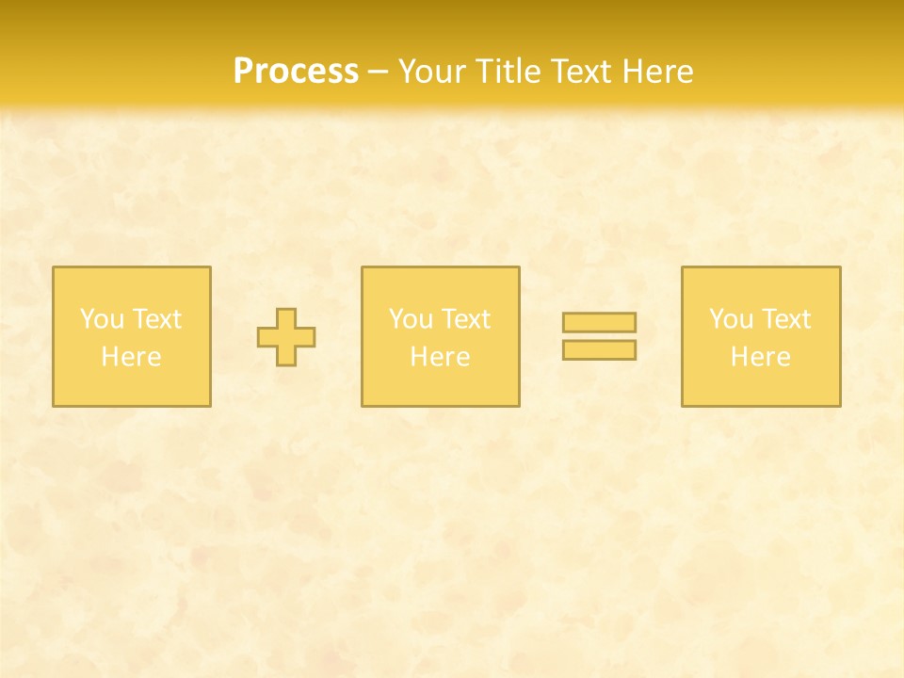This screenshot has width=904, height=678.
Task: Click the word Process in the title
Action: pos(296,72)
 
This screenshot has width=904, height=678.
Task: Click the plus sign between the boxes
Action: pos(286,337)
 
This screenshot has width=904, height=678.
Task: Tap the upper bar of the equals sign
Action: pos(599,323)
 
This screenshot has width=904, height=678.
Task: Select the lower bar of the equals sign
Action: pos(599,350)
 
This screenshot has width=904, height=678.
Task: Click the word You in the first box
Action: pos(102,319)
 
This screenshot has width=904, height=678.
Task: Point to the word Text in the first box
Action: pos(155,319)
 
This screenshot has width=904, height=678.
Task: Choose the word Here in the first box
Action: pos(131,357)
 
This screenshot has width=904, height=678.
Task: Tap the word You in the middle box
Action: pos(411,319)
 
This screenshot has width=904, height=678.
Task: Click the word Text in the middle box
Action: pos(464,319)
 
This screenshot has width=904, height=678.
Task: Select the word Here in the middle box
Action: pos(440,357)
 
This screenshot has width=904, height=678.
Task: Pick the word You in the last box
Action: pos(731,319)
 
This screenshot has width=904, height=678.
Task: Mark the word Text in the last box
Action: pos(784,319)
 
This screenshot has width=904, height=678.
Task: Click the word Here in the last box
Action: pos(760,357)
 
